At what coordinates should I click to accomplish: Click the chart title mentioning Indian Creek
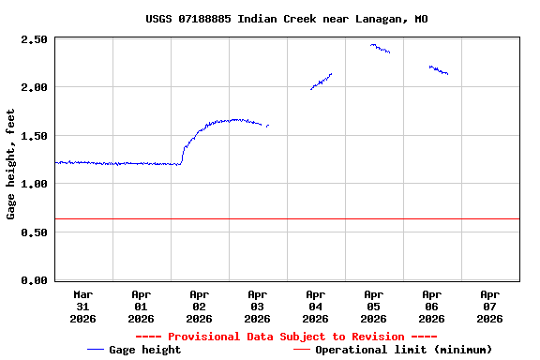point(287,19)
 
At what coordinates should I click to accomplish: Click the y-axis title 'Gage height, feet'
point(11,164)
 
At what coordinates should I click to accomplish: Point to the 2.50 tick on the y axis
point(34,39)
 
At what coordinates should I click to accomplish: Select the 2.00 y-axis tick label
point(34,87)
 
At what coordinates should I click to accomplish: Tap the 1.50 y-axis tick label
point(34,136)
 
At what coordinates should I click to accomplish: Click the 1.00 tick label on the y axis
point(34,184)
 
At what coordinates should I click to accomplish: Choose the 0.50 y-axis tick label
point(34,232)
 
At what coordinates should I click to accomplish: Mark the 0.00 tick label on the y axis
point(34,280)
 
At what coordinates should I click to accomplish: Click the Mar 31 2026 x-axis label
point(83,306)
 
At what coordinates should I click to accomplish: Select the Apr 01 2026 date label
point(142,306)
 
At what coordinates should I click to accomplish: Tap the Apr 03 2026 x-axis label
point(258,306)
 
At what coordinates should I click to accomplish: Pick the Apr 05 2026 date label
point(373,306)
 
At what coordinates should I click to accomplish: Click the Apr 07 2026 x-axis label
point(489,306)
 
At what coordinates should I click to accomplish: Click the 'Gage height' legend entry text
point(145,350)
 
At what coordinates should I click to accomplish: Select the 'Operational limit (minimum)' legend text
point(403,350)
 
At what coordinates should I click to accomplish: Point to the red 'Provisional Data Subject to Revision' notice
point(287,337)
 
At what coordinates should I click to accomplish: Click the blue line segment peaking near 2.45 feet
point(380,48)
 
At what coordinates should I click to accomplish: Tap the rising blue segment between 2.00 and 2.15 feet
point(322,82)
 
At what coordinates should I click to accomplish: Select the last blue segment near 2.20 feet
point(438,69)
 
